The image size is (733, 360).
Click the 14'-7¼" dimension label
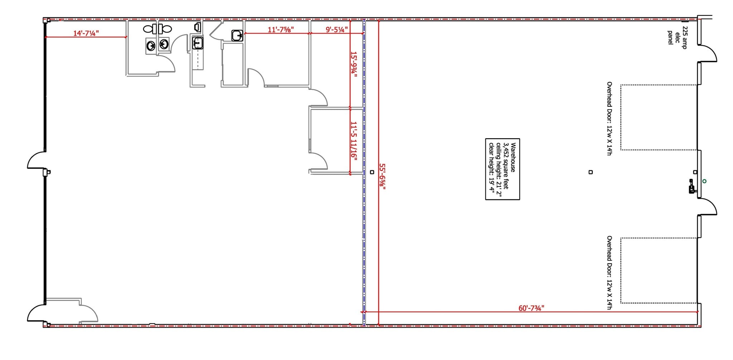coord(86,33)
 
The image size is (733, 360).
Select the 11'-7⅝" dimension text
coord(281,30)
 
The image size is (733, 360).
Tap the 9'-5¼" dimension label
coord(336,30)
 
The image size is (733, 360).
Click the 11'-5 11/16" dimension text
coord(354,141)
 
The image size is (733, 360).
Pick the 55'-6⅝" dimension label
coord(382,176)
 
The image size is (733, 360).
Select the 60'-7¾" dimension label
coord(531,308)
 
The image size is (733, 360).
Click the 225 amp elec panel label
coord(677,38)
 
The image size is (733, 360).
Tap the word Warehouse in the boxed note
coord(513,158)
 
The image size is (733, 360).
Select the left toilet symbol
coord(150,29)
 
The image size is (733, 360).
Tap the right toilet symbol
coord(165,29)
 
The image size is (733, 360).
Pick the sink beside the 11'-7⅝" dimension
coord(237,35)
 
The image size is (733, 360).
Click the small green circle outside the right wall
coord(704,181)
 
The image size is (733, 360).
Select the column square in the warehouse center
coord(591,172)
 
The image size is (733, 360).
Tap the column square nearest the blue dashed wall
coord(372,172)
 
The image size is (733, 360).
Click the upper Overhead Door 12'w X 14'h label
coord(609,118)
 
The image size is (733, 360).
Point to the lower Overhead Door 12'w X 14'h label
coord(609,272)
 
